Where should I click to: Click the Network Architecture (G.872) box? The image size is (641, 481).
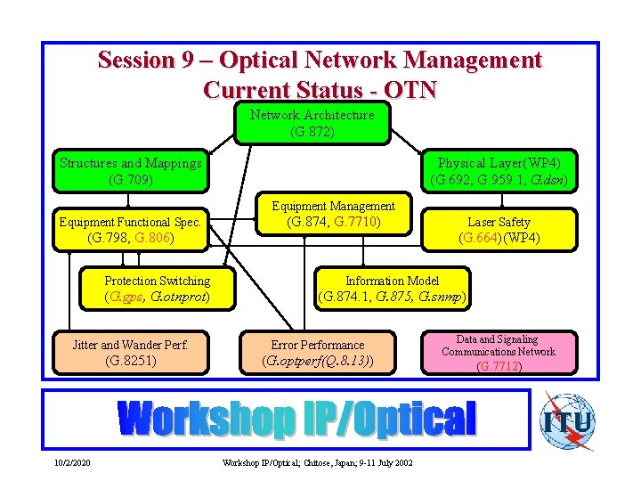(312, 124)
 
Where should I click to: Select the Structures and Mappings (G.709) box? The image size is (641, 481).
(131, 171)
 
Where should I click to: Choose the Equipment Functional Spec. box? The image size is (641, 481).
(131, 230)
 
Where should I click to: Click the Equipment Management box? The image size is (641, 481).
(333, 214)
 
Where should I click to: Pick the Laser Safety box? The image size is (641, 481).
(499, 230)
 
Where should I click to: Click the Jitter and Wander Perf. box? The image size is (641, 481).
(131, 353)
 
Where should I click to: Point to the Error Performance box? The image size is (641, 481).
(317, 353)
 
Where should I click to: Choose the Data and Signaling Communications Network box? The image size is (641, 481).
(498, 352)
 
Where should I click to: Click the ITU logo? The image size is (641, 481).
(567, 420)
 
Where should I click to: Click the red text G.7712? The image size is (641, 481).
(499, 366)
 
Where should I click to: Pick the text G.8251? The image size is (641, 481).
(131, 361)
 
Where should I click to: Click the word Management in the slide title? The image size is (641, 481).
(472, 61)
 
